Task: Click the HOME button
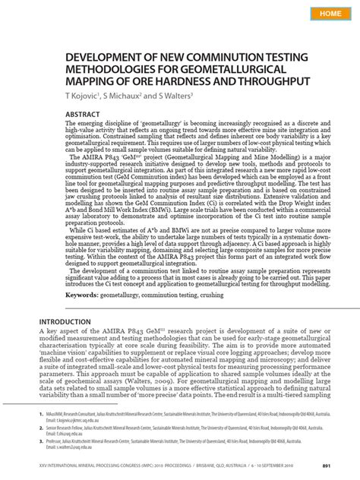330,14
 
